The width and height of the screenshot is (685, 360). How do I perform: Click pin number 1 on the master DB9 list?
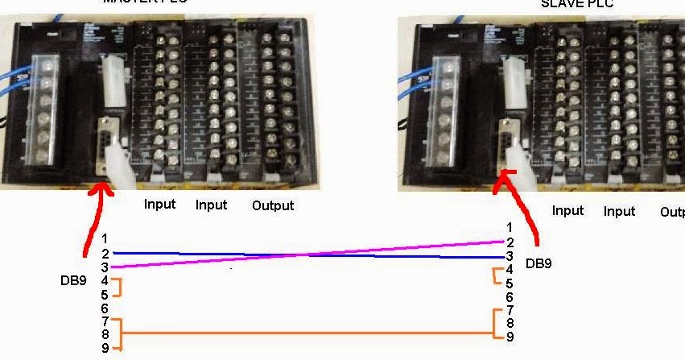pos(105,239)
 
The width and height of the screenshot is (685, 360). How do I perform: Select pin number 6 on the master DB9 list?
pos(105,308)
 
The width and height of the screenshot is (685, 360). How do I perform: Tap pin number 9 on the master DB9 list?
pos(105,348)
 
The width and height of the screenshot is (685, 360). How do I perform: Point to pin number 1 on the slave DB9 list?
pos(510,228)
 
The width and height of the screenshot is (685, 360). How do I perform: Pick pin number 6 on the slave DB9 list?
pos(510,297)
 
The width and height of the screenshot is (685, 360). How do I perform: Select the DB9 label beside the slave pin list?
pos(540,263)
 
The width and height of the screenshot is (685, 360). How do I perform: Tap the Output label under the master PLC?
pos(273,205)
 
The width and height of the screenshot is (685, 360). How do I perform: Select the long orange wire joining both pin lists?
pos(306,333)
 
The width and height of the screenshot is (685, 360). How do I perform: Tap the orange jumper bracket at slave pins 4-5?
pos(496,276)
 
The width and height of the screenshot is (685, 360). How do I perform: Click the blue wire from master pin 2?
pos(241,254)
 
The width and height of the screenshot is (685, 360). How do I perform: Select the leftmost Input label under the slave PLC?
pos(567,211)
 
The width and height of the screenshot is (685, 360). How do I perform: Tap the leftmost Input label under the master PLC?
pos(159,205)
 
